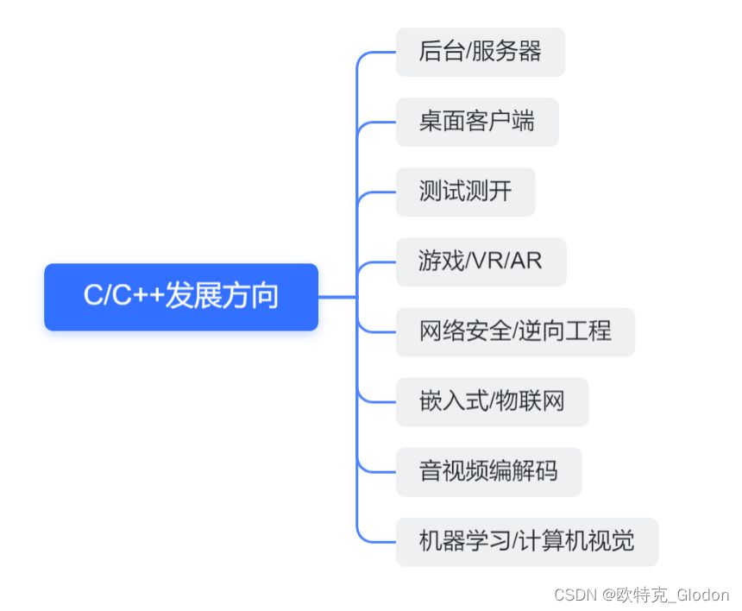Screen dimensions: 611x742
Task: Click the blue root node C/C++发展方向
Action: click(181, 297)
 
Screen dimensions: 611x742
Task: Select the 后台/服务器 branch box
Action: click(480, 52)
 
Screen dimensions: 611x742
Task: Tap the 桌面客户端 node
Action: click(476, 122)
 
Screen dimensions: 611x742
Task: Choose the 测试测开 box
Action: click(465, 192)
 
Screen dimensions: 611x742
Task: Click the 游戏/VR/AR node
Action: click(481, 261)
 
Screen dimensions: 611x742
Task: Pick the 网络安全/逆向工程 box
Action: click(515, 331)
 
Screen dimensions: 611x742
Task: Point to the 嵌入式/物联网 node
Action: click(492, 401)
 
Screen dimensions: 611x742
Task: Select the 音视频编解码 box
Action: click(488, 471)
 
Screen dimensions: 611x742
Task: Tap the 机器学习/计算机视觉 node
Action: click(526, 541)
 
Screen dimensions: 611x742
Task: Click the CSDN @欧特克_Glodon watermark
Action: click(641, 595)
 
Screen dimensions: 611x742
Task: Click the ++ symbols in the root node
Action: click(149, 297)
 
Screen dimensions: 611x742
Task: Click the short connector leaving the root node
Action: click(336, 297)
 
